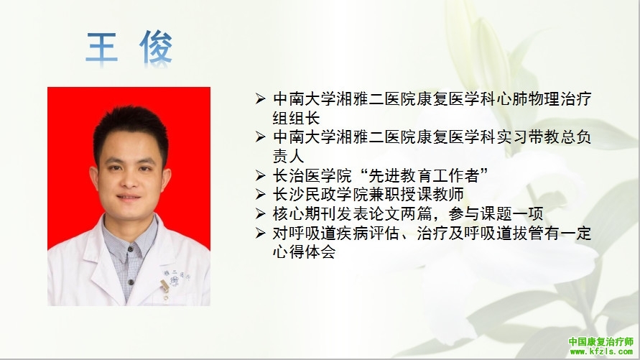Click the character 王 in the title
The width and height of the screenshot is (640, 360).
pyautogui.click(x=101, y=47)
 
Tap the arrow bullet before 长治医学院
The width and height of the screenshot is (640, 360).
pyautogui.click(x=261, y=175)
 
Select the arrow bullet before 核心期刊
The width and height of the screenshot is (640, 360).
pyautogui.click(x=261, y=213)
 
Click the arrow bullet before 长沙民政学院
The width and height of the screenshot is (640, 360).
pyautogui.click(x=261, y=194)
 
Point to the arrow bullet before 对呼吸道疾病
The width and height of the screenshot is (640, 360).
pyautogui.click(x=261, y=233)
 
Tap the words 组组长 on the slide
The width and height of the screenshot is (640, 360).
pyautogui.click(x=297, y=118)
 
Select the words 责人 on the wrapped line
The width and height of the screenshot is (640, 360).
pyautogui.click(x=288, y=156)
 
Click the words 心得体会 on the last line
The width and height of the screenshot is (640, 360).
pyautogui.click(x=304, y=251)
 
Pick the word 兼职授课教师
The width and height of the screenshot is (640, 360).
pyautogui.click(x=417, y=194)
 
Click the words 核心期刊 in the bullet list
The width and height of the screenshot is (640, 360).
pyautogui.click(x=304, y=213)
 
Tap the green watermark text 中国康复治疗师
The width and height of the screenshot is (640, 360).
pyautogui.click(x=600, y=341)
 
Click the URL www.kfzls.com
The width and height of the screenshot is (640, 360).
pyautogui.click(x=601, y=351)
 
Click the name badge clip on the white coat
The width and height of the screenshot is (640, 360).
pyautogui.click(x=164, y=286)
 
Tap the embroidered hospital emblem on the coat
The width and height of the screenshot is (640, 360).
pyautogui.click(x=175, y=281)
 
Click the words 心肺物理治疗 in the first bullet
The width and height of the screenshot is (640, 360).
pyautogui.click(x=544, y=98)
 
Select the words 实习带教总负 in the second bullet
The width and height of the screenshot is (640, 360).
pyautogui.click(x=544, y=137)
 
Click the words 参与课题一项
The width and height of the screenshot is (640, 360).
pyautogui.click(x=496, y=213)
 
